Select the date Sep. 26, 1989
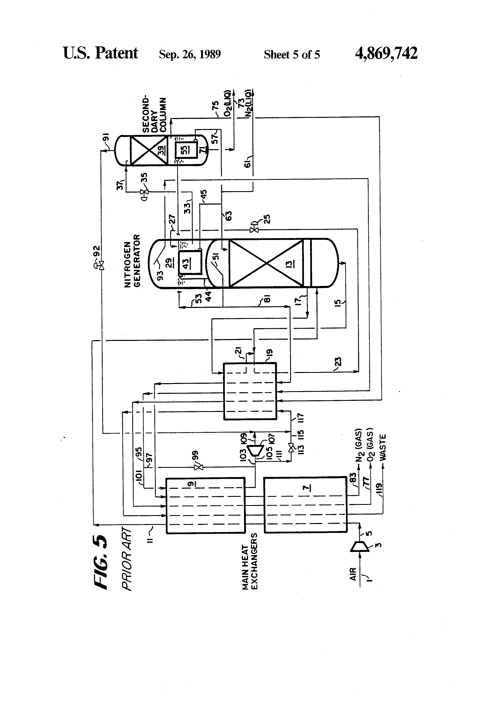(190, 54)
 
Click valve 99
(198, 468)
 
